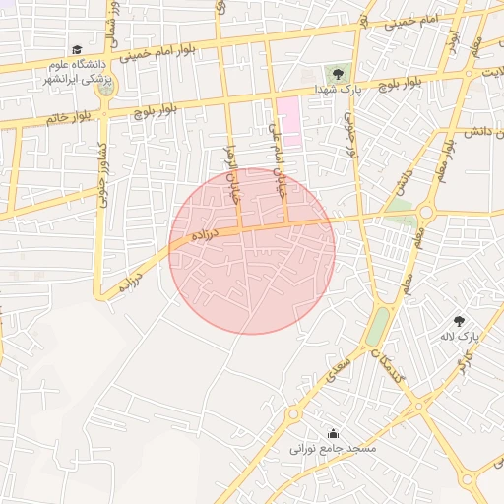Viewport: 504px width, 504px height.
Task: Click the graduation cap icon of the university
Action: point(77,49)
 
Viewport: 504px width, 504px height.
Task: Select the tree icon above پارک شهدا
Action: point(338,73)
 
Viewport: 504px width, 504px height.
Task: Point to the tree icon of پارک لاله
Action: point(459,320)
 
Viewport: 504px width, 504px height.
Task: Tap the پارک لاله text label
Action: point(459,337)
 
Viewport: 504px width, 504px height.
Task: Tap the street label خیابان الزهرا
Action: point(234,171)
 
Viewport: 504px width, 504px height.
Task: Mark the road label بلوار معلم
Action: point(446,157)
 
